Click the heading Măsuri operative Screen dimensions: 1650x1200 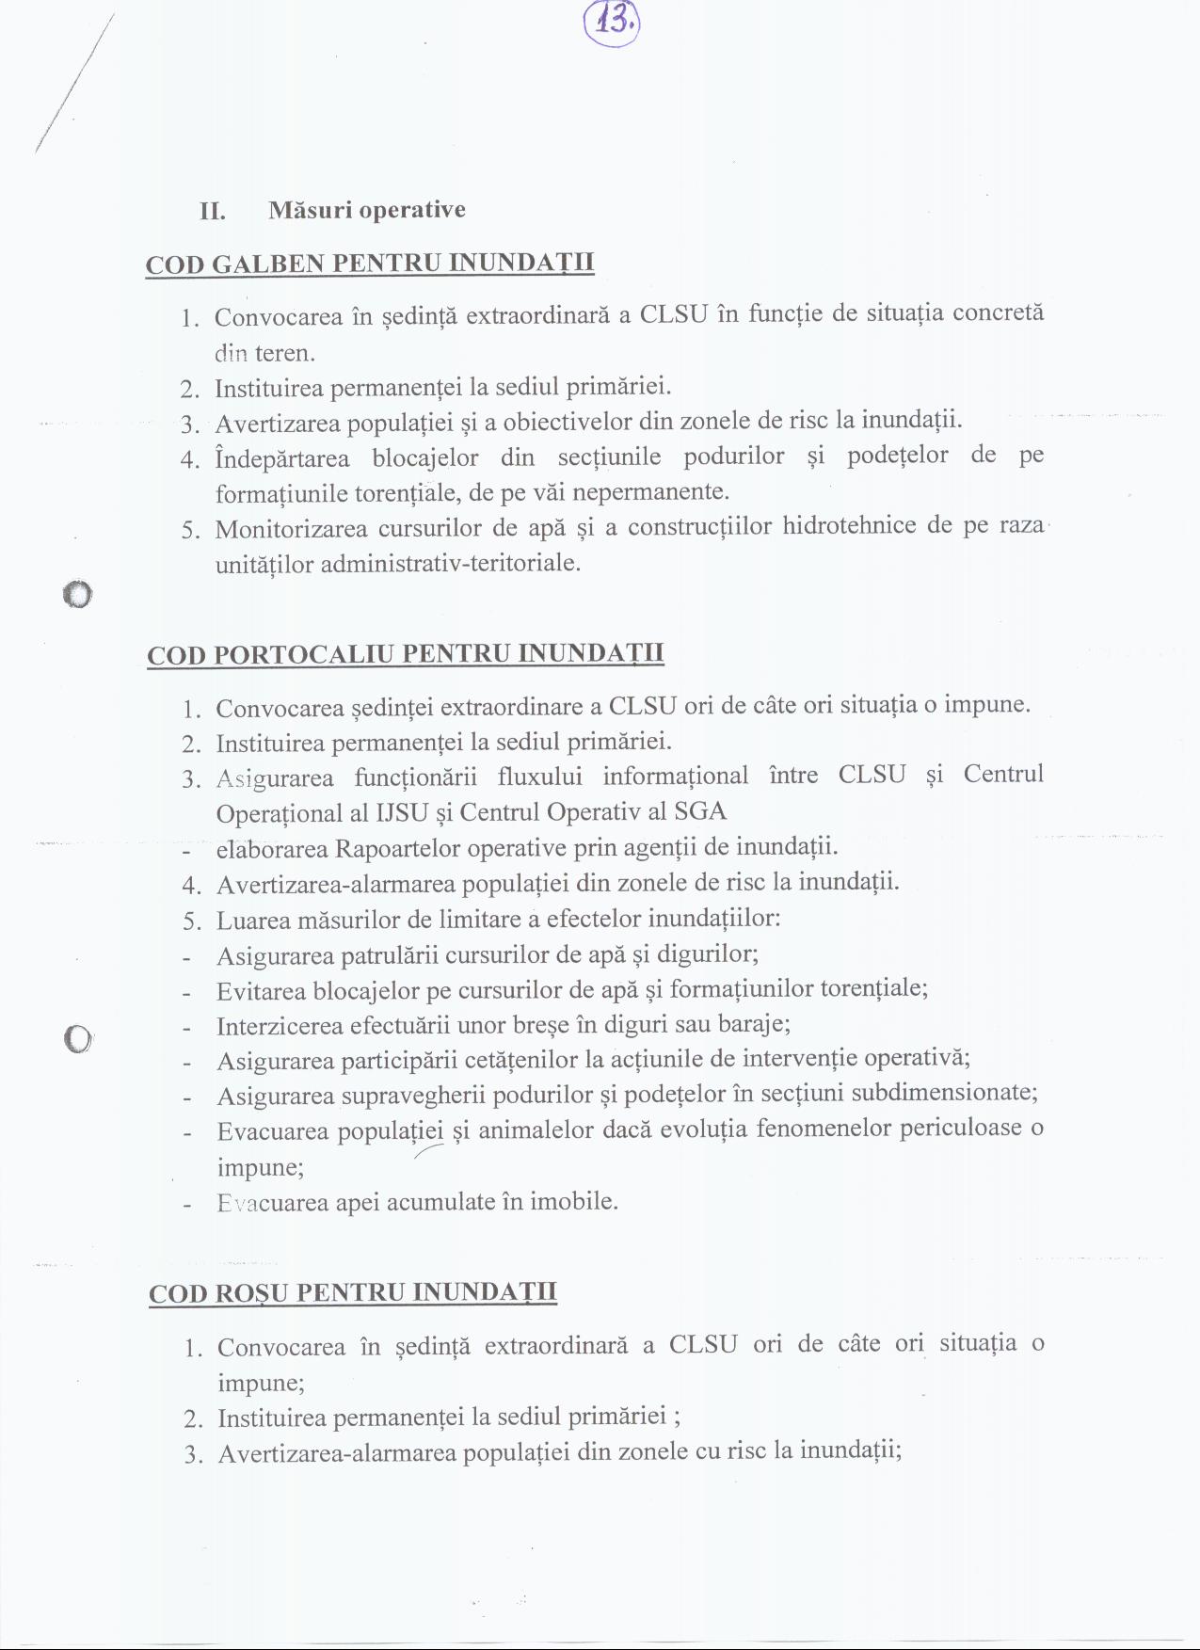(x=366, y=209)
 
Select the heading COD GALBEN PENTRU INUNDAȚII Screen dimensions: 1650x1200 (x=370, y=263)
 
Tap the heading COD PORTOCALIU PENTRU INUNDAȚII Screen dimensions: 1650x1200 (x=406, y=654)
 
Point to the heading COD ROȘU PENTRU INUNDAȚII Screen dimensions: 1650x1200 (x=353, y=1292)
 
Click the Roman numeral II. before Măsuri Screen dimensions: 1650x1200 (x=213, y=210)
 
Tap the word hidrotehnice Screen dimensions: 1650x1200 (x=850, y=525)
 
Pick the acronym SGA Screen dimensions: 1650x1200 (x=700, y=810)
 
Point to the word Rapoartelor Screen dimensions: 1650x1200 (x=398, y=848)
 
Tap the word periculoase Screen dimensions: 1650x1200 (x=960, y=1128)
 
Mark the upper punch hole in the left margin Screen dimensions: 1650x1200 (x=77, y=595)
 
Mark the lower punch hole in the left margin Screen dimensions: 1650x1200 (x=77, y=1038)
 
